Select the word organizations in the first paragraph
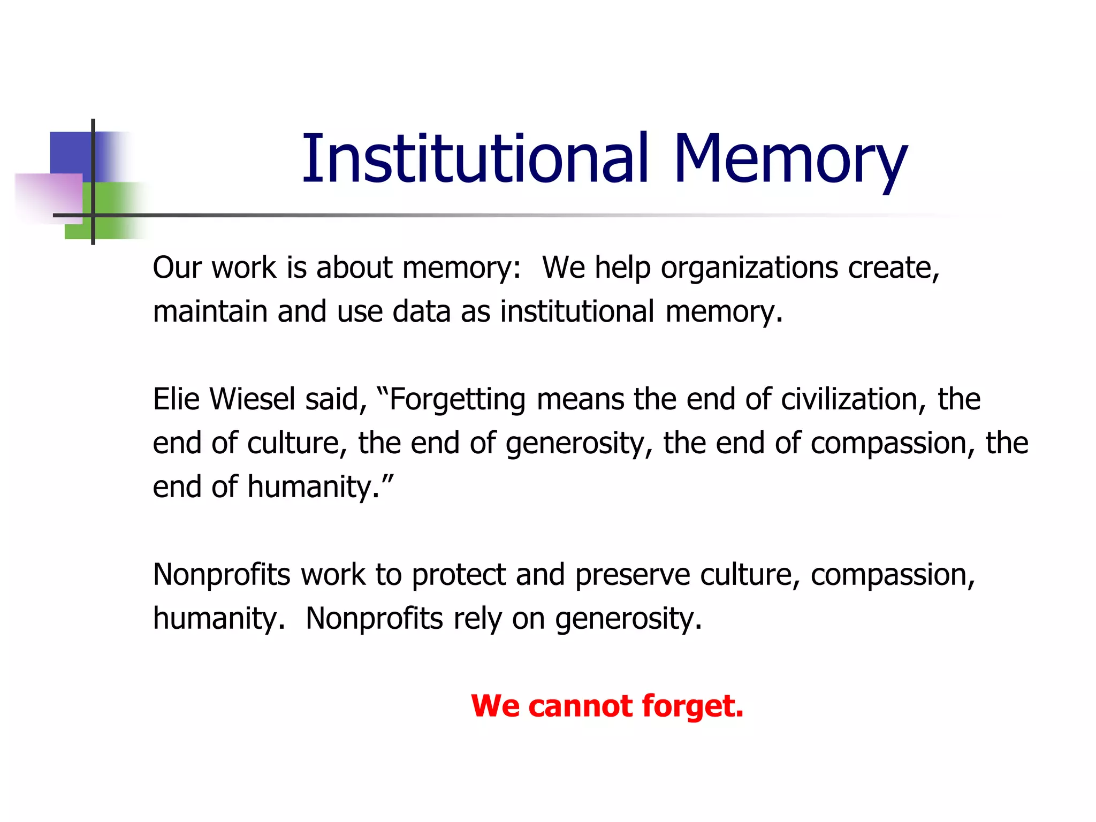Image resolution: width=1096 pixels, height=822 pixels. (x=749, y=268)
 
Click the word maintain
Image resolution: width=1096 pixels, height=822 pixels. (x=210, y=311)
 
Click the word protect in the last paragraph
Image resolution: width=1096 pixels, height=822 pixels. (x=459, y=575)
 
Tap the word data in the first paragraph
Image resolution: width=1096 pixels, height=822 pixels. (x=421, y=311)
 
